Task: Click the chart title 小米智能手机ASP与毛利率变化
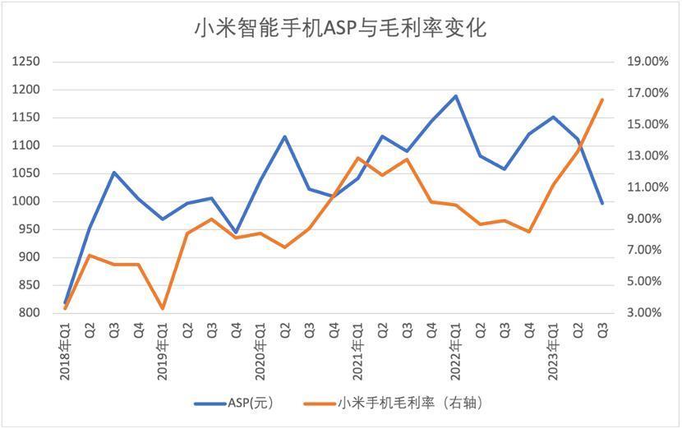pyautogui.click(x=340, y=28)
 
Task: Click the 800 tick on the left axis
pyautogui.click(x=30, y=313)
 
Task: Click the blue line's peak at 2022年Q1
pyautogui.click(x=455, y=95)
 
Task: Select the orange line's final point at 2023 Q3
pyautogui.click(x=602, y=99)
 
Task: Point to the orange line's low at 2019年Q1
pyautogui.click(x=163, y=309)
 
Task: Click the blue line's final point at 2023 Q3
pyautogui.click(x=602, y=203)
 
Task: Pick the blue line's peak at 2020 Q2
pyautogui.click(x=285, y=136)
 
